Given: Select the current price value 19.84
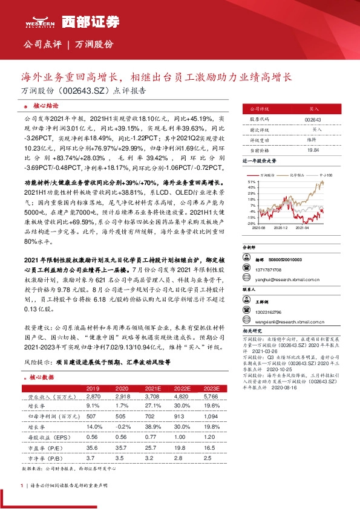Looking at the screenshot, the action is point(313,149).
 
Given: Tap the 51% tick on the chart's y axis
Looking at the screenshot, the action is point(252,181).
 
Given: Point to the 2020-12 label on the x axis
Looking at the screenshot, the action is point(279,228).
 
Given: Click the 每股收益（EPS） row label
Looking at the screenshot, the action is point(46,436).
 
